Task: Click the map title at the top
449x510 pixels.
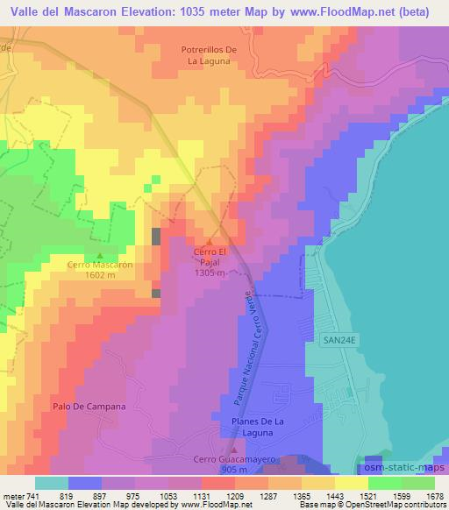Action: point(224,11)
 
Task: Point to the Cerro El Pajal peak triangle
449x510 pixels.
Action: point(209,242)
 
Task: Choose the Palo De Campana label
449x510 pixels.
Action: point(89,407)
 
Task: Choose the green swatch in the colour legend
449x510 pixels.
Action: point(385,483)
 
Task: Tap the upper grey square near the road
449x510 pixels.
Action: point(156,236)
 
